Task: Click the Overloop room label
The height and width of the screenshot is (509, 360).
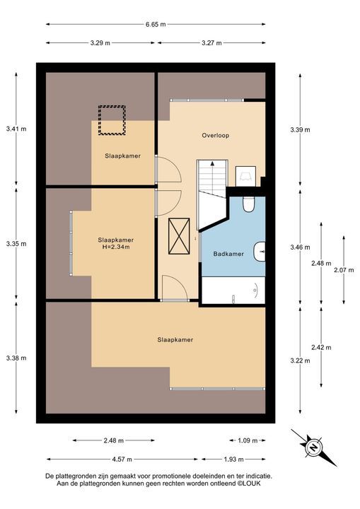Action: click(x=216, y=135)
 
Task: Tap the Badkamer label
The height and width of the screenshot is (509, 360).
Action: click(x=228, y=254)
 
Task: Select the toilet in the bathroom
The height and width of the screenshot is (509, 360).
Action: click(x=248, y=204)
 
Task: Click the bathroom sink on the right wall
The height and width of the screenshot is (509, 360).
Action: click(x=260, y=252)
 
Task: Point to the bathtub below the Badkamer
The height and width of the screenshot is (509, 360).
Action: click(x=233, y=291)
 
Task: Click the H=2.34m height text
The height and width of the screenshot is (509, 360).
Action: click(x=116, y=247)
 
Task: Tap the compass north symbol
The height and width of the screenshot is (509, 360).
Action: click(x=313, y=448)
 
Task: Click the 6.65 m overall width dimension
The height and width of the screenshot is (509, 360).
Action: click(x=156, y=24)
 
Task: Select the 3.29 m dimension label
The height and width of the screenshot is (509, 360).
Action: click(x=100, y=43)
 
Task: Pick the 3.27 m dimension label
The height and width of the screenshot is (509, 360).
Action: click(x=211, y=43)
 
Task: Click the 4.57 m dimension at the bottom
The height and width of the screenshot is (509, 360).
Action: click(x=122, y=460)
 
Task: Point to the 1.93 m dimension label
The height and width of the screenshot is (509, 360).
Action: click(x=233, y=460)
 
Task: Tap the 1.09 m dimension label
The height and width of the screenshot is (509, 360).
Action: click(x=248, y=440)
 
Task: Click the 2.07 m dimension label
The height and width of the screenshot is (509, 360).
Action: click(x=344, y=270)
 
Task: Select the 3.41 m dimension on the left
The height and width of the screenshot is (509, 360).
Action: click(x=16, y=129)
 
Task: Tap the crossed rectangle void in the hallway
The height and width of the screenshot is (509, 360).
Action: click(x=179, y=236)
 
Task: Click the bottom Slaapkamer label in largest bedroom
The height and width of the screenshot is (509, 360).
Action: click(x=175, y=340)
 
